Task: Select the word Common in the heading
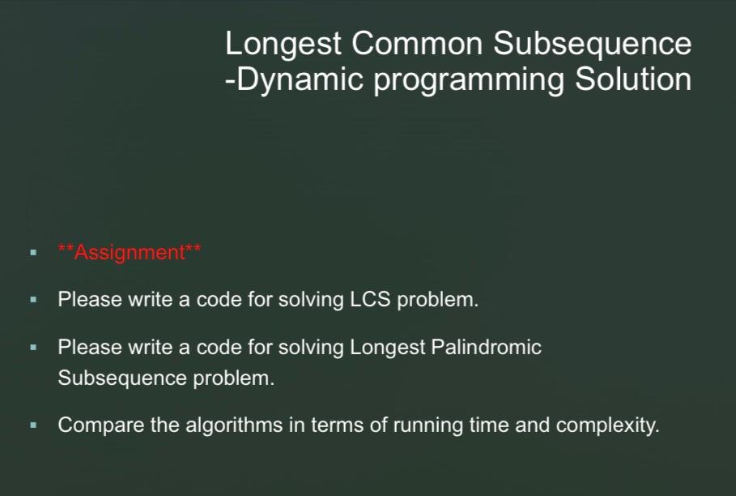(x=417, y=43)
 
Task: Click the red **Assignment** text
(x=130, y=253)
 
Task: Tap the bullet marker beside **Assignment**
(x=33, y=253)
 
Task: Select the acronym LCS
(x=370, y=299)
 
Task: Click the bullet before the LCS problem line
(x=33, y=299)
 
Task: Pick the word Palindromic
(x=486, y=348)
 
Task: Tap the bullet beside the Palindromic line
(x=33, y=348)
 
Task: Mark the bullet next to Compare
(x=33, y=425)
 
